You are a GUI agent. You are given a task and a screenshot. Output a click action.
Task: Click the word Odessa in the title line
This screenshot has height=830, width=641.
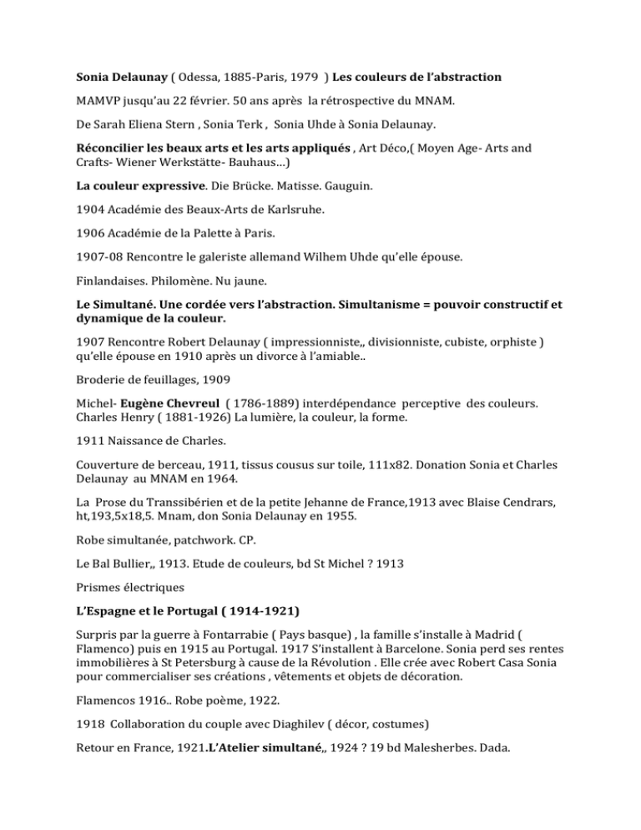(x=197, y=78)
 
